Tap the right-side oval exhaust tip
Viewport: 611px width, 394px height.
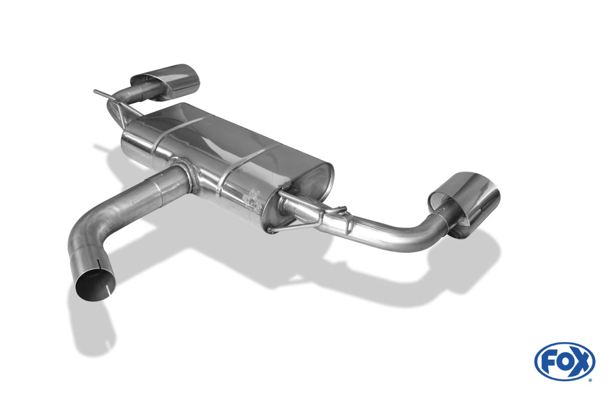coord(463,203)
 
